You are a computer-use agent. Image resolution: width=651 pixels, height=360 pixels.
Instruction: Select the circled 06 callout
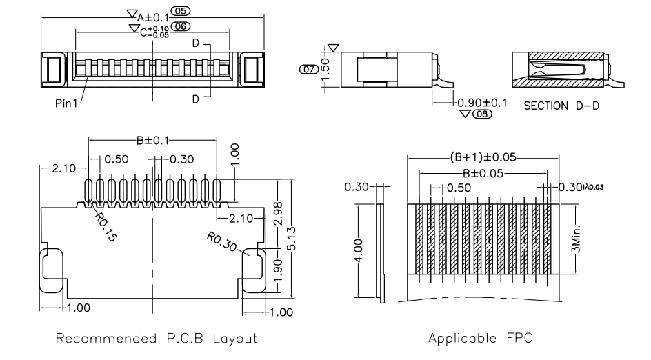181,27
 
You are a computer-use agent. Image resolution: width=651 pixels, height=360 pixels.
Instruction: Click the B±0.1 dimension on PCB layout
152,141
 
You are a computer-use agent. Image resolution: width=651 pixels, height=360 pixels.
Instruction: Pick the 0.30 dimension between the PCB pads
182,159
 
